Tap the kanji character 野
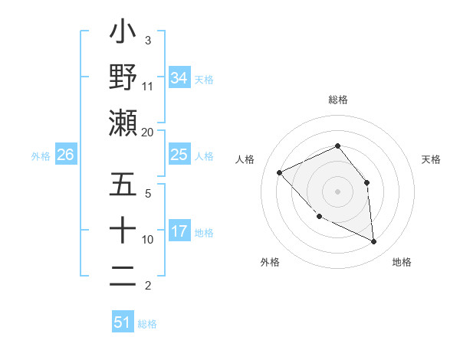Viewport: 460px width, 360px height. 123,77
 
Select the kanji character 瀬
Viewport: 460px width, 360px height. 123,123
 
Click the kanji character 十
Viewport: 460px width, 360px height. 123,231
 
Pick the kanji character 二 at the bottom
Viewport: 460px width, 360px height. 123,277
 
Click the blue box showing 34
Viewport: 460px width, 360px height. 179,77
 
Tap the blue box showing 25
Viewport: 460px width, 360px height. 179,155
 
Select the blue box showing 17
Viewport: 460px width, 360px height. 179,231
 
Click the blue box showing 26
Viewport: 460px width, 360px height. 65,155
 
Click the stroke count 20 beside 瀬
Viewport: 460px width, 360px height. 148,132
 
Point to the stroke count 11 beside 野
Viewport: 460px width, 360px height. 148,86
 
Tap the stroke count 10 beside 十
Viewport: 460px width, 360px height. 148,239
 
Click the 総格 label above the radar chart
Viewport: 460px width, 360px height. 337,100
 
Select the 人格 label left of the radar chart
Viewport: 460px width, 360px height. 245,159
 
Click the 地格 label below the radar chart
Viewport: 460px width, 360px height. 402,262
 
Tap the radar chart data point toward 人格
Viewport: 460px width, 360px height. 280,172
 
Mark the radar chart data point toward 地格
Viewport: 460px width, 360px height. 373,241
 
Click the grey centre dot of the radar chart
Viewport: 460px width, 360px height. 337,191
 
